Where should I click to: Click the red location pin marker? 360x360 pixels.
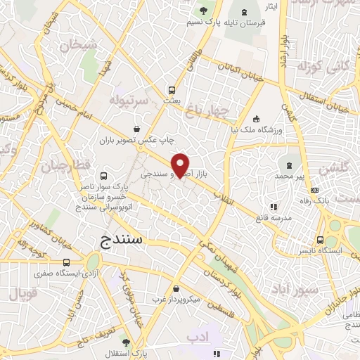pyautogui.click(x=181, y=165)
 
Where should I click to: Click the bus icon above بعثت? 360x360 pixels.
pyautogui.click(x=171, y=90)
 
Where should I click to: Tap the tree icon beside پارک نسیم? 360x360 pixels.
pyautogui.click(x=204, y=11)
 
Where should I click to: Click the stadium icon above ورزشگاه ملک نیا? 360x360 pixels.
pyautogui.click(x=257, y=119)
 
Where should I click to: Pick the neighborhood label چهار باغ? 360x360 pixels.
pyautogui.click(x=205, y=109)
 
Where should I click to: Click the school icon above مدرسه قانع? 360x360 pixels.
pyautogui.click(x=274, y=206)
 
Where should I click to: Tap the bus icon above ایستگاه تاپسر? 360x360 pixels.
pyautogui.click(x=320, y=239)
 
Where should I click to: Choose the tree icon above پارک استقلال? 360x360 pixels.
pyautogui.click(x=125, y=342)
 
